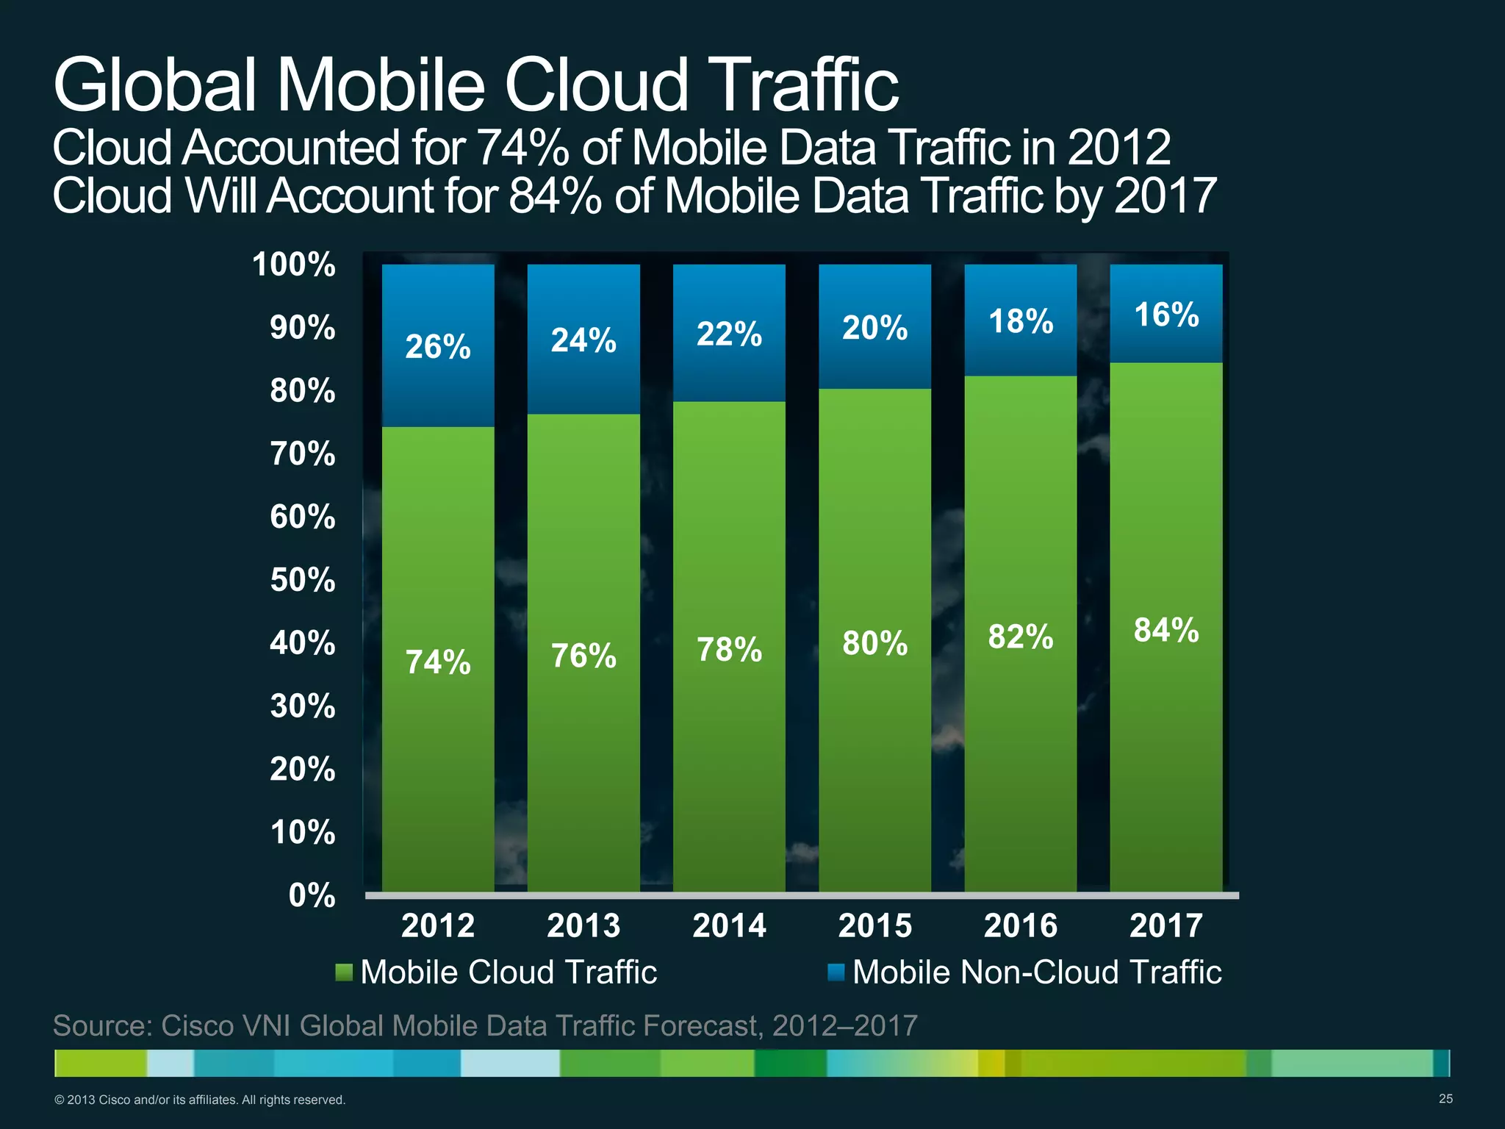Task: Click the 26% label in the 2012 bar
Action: point(437,346)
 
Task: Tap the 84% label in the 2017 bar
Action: point(1166,630)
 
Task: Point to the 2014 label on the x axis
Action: point(729,925)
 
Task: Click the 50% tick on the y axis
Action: point(303,580)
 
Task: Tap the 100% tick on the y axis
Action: point(294,265)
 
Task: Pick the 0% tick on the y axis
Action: point(312,895)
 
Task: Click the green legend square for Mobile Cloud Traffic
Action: point(343,972)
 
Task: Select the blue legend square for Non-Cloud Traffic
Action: point(836,972)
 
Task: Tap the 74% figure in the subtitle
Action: point(522,148)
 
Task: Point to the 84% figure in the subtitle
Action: point(555,196)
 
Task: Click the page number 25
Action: point(1445,1099)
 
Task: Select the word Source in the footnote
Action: point(102,1025)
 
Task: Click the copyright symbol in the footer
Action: point(60,1100)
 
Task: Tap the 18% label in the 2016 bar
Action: point(1021,321)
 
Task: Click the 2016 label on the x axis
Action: point(1020,925)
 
